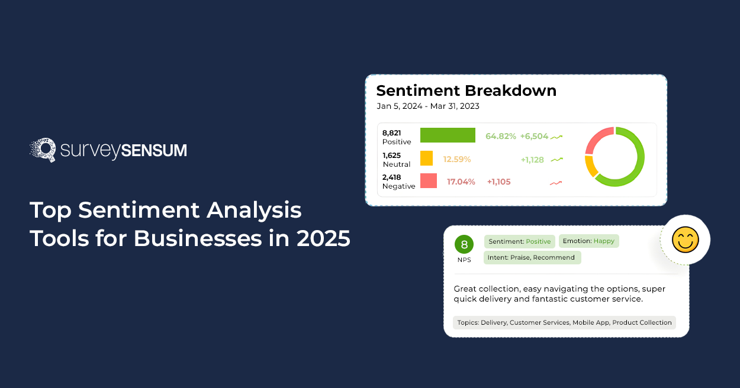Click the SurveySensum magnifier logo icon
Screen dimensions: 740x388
[x=43, y=150]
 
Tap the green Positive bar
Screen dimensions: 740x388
[x=448, y=135]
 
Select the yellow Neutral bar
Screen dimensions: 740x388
[x=426, y=158]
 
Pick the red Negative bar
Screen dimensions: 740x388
[x=429, y=181]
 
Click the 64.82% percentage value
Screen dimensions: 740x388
[x=500, y=136]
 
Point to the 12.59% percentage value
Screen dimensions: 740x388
[x=457, y=159]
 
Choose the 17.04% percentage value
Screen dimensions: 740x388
[x=461, y=182]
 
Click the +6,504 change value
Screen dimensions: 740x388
[x=534, y=136]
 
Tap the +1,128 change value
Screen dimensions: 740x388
[x=532, y=160]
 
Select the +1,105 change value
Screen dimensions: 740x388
[x=499, y=182]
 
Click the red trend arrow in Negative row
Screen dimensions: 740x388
[x=556, y=183]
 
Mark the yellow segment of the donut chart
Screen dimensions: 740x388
[x=591, y=166]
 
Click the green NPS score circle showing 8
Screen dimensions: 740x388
[x=464, y=244]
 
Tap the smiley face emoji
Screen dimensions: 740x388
[x=685, y=240]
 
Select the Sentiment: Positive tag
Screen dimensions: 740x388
[x=520, y=241]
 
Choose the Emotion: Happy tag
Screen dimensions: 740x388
[x=588, y=241]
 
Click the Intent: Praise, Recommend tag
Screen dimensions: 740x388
[x=532, y=258]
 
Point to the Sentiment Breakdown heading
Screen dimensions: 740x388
[x=466, y=90]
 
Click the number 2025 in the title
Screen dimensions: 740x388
[x=323, y=238]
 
